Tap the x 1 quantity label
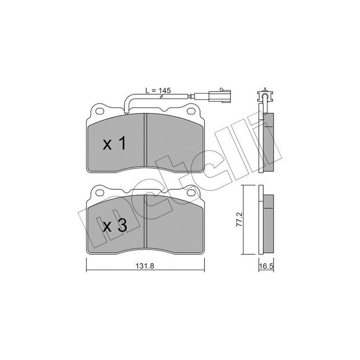114,145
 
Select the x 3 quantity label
114,226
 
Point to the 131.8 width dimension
141,266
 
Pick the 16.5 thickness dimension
265,266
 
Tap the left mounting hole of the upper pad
99,111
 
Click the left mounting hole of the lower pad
99,193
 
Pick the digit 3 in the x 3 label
121,226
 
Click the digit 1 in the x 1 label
121,145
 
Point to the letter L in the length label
147,91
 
